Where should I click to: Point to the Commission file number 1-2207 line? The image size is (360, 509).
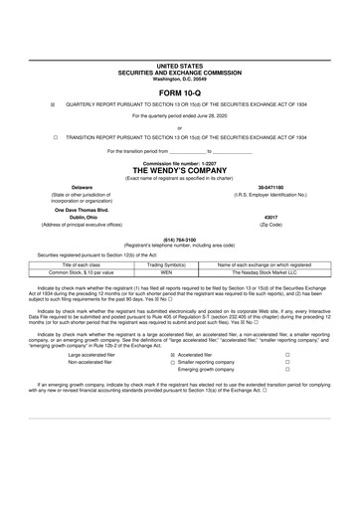click(179, 162)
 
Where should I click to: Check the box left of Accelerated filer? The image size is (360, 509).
click(172, 353)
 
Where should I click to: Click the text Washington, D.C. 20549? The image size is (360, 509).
click(179, 77)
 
